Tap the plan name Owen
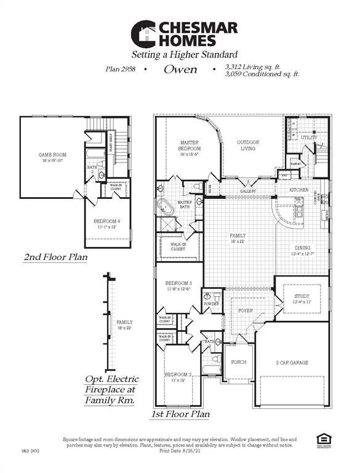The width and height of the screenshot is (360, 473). coord(180,70)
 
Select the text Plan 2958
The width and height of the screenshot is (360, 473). coord(122,70)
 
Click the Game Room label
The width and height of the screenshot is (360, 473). coord(52,155)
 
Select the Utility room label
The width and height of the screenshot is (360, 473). coord(309,137)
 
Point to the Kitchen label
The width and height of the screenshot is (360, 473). coord(298,190)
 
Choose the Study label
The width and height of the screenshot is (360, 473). coord(293,296)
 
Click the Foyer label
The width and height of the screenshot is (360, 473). coord(246,310)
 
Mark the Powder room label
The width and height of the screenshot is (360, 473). coord(210,304)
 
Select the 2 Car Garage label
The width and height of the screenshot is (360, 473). coord(291,363)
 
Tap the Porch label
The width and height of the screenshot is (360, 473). coord(238,362)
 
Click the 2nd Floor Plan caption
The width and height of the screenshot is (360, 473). coord(55,257)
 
